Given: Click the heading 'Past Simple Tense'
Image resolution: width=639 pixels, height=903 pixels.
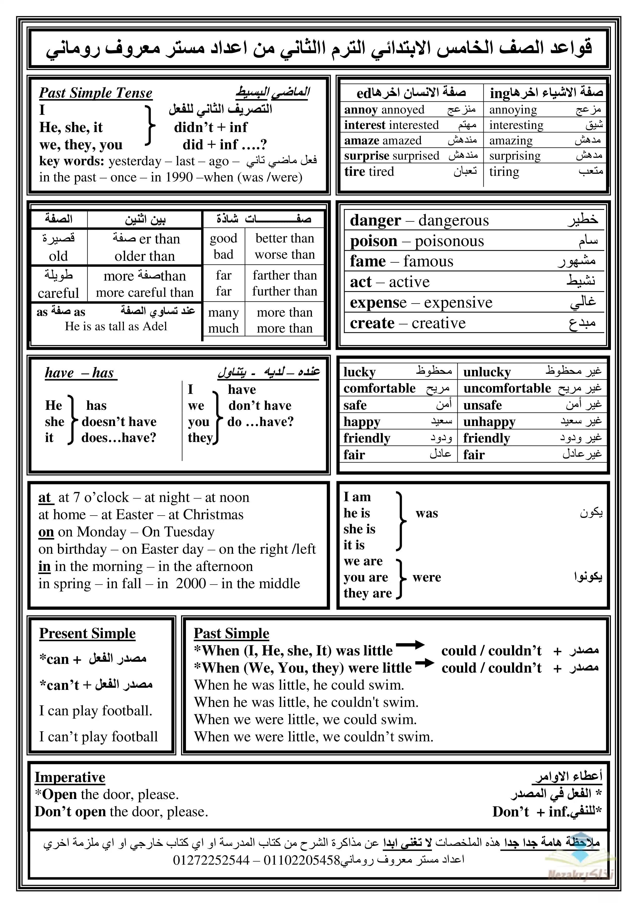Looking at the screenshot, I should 96,93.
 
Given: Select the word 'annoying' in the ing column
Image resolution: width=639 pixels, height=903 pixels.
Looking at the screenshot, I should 513,110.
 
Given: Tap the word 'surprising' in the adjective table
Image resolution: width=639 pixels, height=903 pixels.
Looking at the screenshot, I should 515,156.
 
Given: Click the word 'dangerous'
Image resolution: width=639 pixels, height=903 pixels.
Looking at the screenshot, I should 453,221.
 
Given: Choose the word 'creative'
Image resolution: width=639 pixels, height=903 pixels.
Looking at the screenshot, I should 438,323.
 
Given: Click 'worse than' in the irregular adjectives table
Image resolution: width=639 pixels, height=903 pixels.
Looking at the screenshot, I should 285,255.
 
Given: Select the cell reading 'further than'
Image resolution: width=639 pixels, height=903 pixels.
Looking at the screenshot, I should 285,291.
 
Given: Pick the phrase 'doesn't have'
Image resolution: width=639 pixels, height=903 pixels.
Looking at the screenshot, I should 119,422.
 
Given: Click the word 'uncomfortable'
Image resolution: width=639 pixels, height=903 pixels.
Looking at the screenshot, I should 507,389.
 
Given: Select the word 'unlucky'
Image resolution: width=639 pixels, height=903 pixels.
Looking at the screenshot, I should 487,372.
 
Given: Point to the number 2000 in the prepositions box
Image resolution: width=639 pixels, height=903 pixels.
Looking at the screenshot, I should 191,583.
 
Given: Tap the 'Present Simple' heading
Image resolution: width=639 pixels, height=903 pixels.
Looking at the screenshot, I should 87,633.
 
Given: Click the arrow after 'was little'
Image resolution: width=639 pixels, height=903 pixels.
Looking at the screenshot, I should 410,645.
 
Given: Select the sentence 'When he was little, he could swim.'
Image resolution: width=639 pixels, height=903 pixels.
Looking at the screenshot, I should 299,685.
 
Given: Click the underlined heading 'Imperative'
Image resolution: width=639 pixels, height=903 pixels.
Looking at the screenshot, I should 70,778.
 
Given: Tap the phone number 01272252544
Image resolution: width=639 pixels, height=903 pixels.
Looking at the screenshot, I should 211,860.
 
